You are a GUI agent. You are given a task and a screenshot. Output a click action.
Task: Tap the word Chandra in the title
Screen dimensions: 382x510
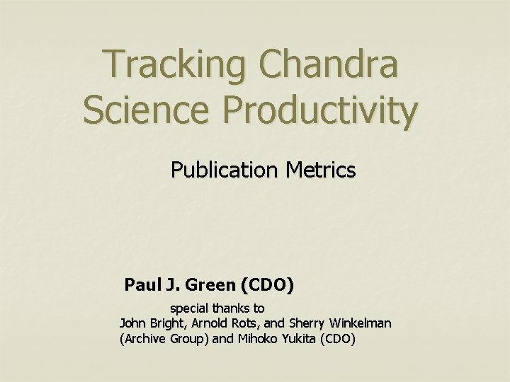[331, 65]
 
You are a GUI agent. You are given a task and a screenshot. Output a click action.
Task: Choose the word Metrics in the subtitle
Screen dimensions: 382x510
[318, 170]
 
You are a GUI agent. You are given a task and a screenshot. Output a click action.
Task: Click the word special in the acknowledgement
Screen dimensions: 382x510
[188, 309]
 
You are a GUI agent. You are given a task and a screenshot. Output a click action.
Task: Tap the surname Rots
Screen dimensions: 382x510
[256, 323]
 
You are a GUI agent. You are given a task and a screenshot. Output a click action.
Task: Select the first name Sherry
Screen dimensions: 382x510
[309, 324]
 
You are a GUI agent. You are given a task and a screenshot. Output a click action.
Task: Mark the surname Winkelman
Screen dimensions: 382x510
[361, 323]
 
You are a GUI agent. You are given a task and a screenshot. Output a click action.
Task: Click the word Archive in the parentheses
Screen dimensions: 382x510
[144, 339]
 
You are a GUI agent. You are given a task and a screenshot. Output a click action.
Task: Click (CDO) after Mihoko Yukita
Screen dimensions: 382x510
[338, 339]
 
